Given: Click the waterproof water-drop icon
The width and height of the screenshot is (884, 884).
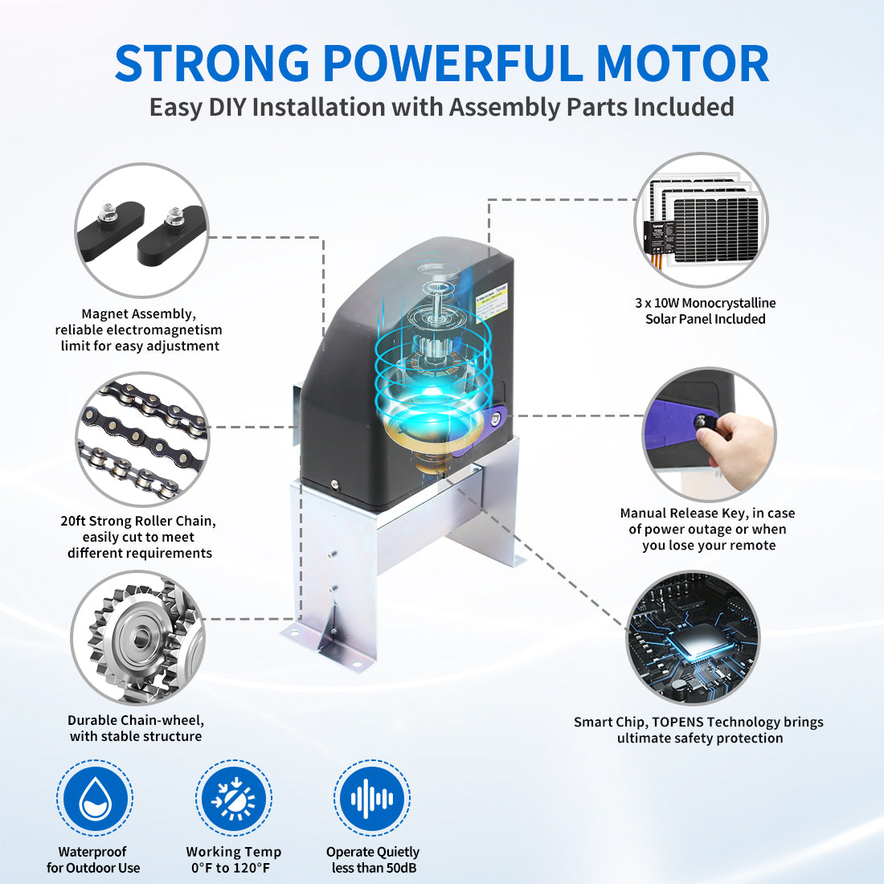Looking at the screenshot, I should click(x=94, y=798).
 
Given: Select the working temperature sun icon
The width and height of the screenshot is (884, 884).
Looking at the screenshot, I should click(x=233, y=798).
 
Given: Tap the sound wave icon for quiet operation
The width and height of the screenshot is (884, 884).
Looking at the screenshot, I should click(x=372, y=798).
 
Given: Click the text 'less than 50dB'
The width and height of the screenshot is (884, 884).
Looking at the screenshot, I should click(x=374, y=868).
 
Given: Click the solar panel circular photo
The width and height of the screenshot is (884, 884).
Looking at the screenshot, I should click(x=701, y=220).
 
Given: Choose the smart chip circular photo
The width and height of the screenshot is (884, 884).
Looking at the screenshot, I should click(x=693, y=637).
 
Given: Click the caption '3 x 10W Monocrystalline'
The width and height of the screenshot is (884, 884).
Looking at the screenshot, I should click(x=705, y=303).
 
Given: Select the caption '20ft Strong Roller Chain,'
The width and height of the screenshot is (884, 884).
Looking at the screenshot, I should click(x=137, y=521).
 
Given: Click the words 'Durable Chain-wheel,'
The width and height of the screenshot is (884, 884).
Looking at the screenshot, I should click(x=135, y=720).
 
